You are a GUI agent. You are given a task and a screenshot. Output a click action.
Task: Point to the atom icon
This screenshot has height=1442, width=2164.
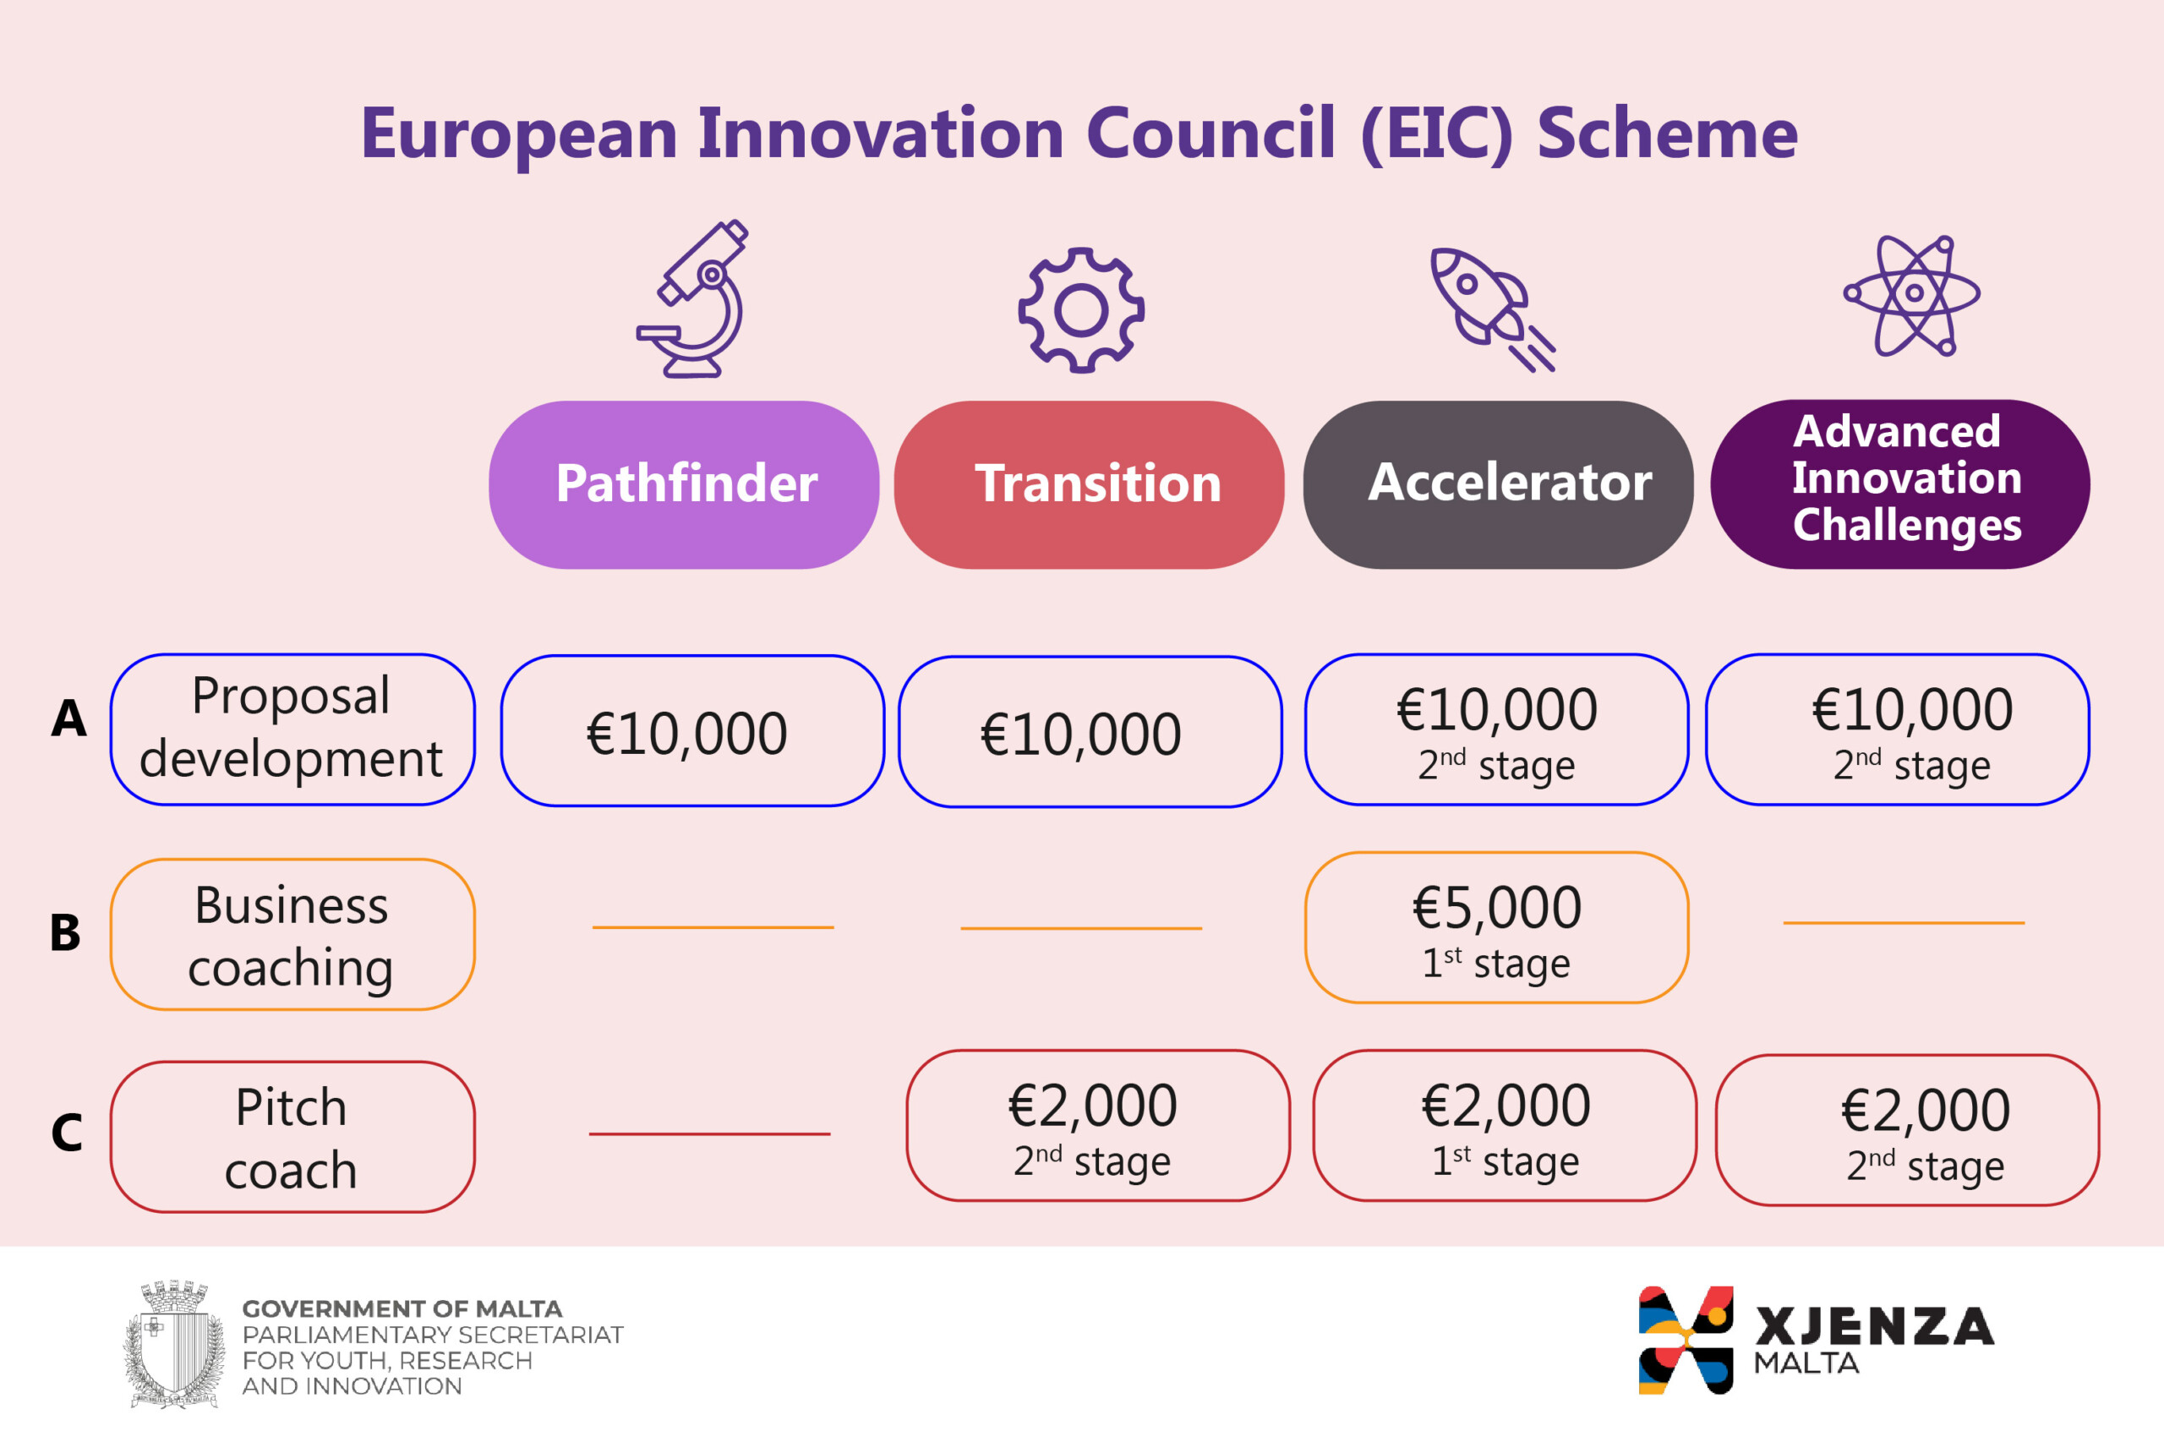[x=1913, y=294]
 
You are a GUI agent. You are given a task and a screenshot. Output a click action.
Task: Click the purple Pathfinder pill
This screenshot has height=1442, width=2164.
[x=683, y=484]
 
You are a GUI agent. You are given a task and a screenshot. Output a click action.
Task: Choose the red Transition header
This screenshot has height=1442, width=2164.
[x=1089, y=484]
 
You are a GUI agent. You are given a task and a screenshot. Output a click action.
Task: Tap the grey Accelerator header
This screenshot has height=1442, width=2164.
[x=1498, y=484]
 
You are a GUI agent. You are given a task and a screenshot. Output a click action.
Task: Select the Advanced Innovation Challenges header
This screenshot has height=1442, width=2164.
[x=1900, y=483]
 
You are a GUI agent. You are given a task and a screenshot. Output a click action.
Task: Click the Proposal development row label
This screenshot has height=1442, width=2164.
[x=292, y=729]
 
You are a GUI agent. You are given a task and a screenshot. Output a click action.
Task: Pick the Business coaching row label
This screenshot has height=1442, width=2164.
[x=292, y=934]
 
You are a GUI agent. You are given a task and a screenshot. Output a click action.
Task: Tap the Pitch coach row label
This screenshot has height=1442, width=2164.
[x=292, y=1137]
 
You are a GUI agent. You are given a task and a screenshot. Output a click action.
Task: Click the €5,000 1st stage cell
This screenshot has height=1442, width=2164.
[x=1496, y=928]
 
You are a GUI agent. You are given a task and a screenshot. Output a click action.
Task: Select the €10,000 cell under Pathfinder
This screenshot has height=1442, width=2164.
[x=692, y=731]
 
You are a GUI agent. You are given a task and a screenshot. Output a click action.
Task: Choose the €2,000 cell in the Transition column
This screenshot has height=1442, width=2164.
[x=1098, y=1126]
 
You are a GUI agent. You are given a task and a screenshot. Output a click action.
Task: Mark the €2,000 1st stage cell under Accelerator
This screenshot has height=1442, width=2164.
[x=1505, y=1126]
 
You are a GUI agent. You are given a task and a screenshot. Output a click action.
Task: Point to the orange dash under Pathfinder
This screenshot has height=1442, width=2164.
[x=713, y=927]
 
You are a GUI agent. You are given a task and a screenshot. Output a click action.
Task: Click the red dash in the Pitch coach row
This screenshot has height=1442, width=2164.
[x=709, y=1134]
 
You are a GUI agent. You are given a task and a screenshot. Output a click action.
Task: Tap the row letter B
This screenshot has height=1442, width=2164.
[x=65, y=932]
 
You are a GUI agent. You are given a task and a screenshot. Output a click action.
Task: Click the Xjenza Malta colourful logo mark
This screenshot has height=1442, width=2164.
[x=1686, y=1340]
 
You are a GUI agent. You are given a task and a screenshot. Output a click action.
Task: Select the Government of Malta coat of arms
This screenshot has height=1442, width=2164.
[x=175, y=1344]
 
